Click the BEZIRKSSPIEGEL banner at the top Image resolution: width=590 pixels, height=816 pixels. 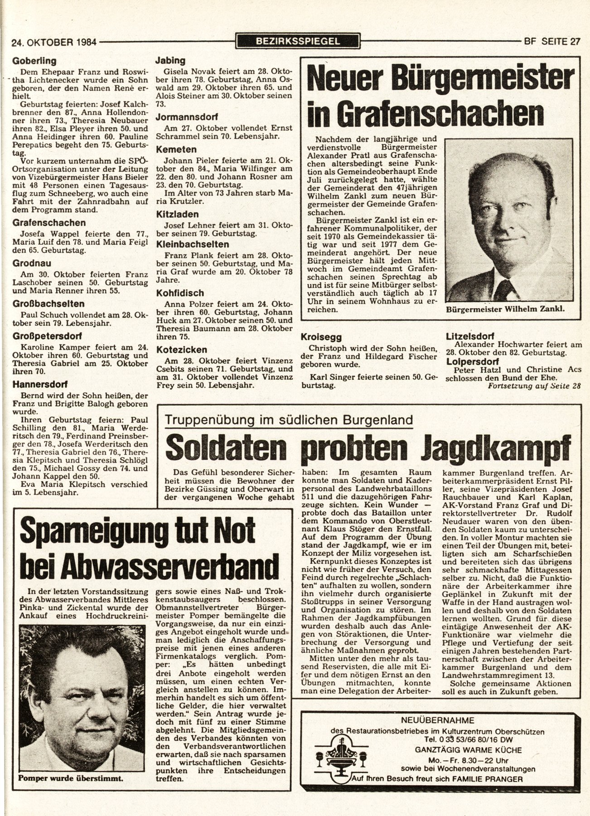point(298,42)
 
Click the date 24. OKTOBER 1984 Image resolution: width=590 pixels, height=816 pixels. point(54,43)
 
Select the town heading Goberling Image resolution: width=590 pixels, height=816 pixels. point(34,61)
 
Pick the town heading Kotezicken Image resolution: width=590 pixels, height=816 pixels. point(181,350)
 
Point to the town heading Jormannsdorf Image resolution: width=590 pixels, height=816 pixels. point(187,117)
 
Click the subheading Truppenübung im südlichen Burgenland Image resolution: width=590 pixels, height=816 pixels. point(289,419)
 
